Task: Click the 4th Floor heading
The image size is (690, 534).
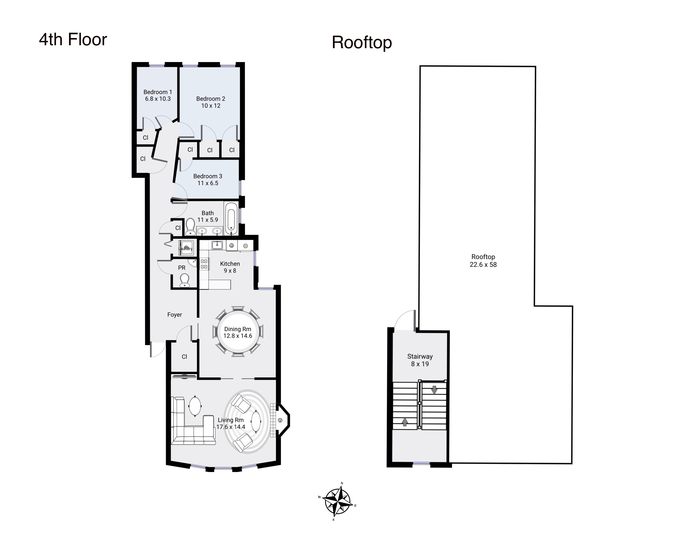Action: click(73, 40)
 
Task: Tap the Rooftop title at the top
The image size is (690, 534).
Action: click(362, 43)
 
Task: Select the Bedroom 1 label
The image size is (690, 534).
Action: click(158, 92)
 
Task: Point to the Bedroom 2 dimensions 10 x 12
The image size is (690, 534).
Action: click(211, 106)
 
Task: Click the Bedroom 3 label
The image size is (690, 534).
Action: click(208, 176)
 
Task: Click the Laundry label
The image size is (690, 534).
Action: click(186, 249)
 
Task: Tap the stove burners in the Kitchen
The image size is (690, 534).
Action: click(204, 264)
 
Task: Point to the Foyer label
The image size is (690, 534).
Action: click(174, 315)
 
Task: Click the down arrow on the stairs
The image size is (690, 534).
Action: click(434, 390)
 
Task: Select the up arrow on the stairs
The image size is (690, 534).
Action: click(405, 422)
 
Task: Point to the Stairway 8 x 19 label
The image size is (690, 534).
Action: click(420, 360)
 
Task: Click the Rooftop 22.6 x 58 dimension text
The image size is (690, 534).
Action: click(483, 265)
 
